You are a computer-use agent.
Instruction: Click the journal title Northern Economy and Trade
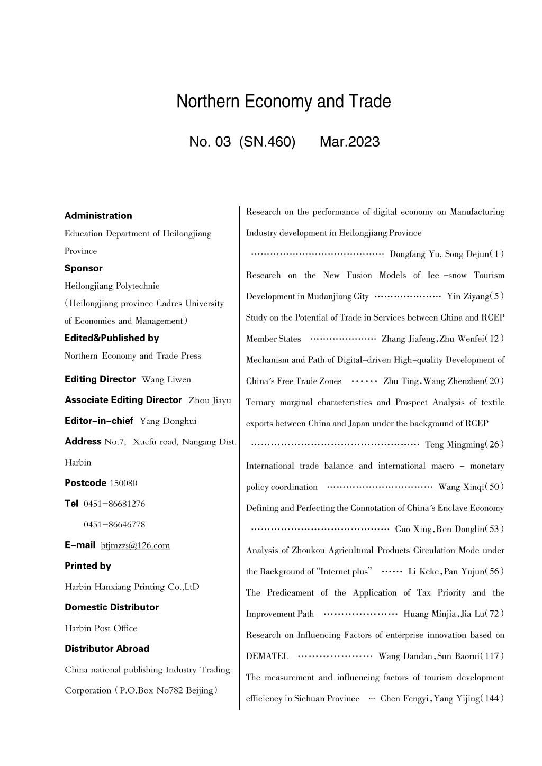[x=284, y=102]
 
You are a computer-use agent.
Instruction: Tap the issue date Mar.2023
[x=349, y=142]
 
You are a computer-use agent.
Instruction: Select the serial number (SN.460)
[x=267, y=142]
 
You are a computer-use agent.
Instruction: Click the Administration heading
[x=98, y=216]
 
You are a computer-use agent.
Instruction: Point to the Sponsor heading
[x=84, y=268]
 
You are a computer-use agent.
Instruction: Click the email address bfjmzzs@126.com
[x=135, y=545]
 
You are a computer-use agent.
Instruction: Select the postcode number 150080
[x=123, y=483]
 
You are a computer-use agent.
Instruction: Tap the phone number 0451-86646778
[x=114, y=525]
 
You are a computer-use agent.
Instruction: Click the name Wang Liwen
[x=167, y=380]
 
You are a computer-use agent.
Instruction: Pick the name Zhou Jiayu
[x=210, y=400]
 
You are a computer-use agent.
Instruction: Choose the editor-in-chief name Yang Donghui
[x=168, y=421]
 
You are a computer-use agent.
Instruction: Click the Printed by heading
[x=88, y=566]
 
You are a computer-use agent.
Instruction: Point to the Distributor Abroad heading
[x=107, y=649]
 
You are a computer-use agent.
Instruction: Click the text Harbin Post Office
[x=101, y=628]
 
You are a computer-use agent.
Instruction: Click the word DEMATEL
[x=267, y=656]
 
